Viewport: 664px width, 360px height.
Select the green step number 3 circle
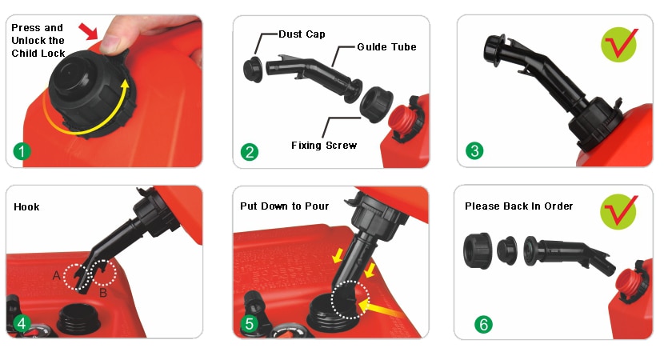pyautogui.click(x=475, y=151)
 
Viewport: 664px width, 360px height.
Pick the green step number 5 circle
pyautogui.click(x=250, y=323)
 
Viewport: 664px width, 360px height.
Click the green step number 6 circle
pyautogui.click(x=482, y=324)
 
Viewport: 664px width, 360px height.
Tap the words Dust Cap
pyautogui.click(x=302, y=35)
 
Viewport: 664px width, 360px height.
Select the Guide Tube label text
pyautogui.click(x=388, y=47)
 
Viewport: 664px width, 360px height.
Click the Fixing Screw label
pyautogui.click(x=324, y=146)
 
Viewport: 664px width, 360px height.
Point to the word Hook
pyautogui.click(x=26, y=206)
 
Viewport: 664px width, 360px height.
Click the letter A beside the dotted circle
pyautogui.click(x=56, y=275)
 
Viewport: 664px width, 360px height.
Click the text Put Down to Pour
pyautogui.click(x=284, y=206)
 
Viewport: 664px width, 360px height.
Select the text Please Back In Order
pyautogui.click(x=518, y=206)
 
